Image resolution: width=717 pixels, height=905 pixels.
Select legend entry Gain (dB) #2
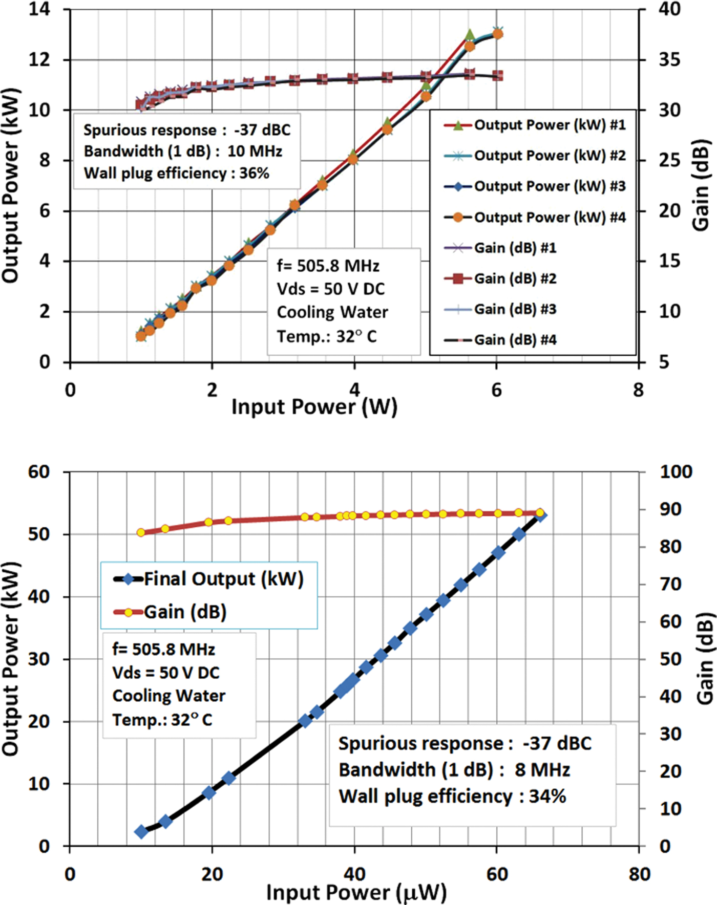click(x=515, y=278)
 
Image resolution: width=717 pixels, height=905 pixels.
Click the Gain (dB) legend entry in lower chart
click(x=185, y=612)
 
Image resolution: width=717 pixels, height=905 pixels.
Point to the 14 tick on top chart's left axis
click(x=39, y=9)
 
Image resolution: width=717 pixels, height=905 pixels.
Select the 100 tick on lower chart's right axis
click(x=675, y=472)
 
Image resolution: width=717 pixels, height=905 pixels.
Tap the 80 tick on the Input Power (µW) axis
click(x=639, y=874)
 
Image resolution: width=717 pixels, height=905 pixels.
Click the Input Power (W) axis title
click(x=314, y=407)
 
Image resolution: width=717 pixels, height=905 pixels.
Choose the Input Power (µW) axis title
click(x=356, y=893)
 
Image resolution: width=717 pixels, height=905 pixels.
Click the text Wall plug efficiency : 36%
click(x=177, y=173)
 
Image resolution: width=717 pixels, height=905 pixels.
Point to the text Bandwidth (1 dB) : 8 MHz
click(x=454, y=770)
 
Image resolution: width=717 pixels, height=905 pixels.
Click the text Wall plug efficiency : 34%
click(x=452, y=796)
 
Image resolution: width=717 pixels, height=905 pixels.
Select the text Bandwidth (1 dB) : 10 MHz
click(x=183, y=152)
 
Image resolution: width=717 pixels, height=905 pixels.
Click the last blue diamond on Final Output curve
click(x=540, y=516)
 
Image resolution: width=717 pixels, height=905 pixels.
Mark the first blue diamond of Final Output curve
click(x=141, y=832)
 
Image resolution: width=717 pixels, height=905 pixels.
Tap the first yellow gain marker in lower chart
click(x=141, y=532)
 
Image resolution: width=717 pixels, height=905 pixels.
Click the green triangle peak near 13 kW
click(x=470, y=35)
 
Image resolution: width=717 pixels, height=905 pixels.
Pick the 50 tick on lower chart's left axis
click(x=39, y=534)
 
